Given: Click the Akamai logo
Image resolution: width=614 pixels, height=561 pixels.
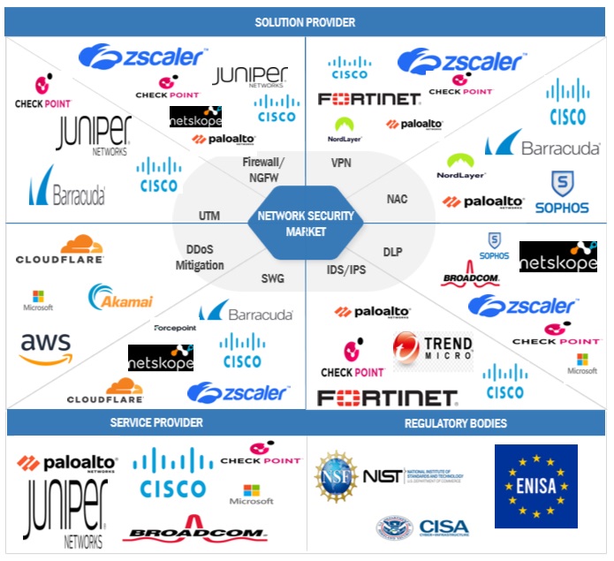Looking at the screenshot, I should point(120,298).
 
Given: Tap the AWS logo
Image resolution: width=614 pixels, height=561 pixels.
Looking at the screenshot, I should point(46,346).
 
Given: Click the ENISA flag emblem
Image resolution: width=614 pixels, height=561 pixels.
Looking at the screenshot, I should point(535,486).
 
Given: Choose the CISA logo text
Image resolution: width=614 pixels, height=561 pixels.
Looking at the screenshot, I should point(443,527).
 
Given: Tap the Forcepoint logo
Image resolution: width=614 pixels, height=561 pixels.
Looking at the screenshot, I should point(178,327).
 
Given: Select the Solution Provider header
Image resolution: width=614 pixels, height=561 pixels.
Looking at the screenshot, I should point(305,21).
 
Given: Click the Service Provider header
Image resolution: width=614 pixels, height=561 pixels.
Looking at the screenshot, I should point(156,422).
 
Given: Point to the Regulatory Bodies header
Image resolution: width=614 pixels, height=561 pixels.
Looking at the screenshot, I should point(456,423).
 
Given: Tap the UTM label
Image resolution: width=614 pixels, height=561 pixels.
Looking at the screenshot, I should point(209,216).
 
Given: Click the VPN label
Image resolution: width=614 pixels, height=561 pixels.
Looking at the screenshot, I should point(341,163).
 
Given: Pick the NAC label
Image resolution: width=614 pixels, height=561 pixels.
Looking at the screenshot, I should point(397,199).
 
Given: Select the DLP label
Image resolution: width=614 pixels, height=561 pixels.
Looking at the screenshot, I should point(392,252).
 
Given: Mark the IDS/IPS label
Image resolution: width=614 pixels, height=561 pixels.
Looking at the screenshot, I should point(346,269).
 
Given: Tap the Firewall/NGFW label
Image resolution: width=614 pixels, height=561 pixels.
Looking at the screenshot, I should point(263,169).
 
